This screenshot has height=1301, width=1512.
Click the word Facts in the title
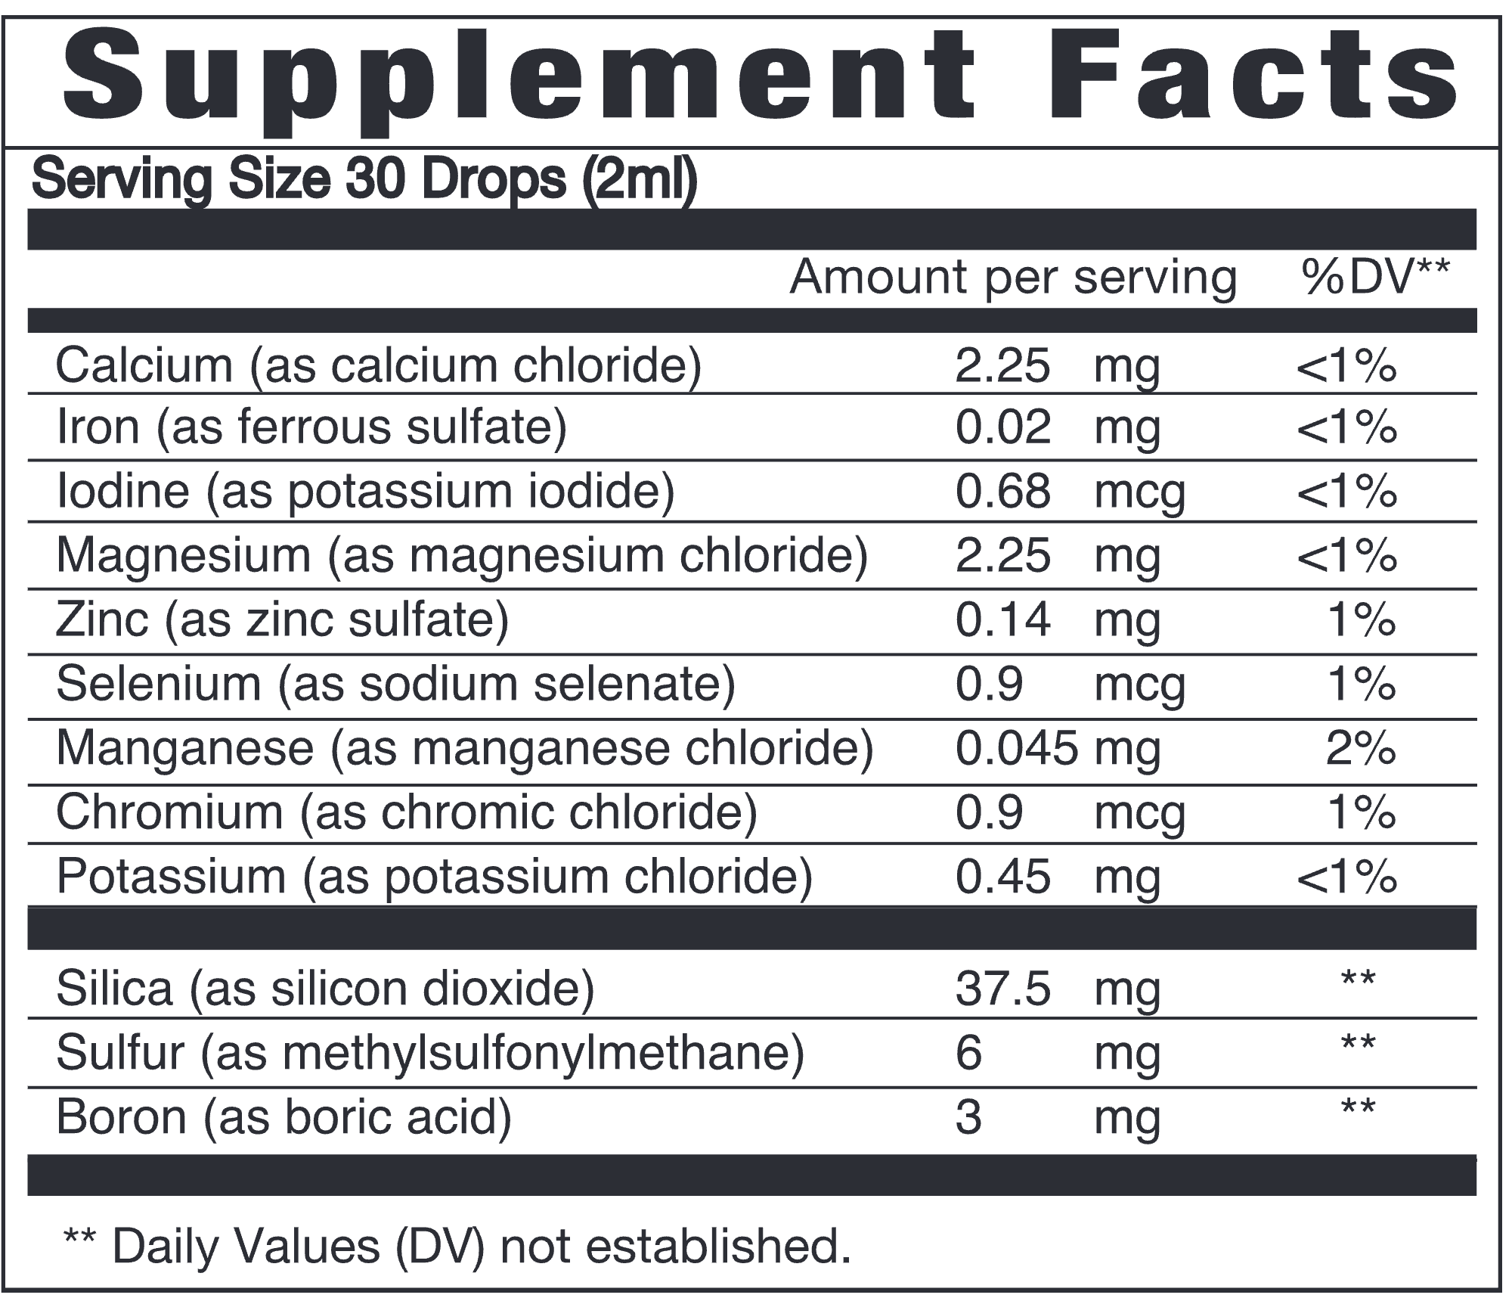coord(1261,80)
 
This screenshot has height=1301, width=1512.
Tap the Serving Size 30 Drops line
coord(364,181)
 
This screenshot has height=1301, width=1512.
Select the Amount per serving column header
coord(1013,278)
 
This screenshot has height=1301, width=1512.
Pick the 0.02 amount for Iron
coord(1002,427)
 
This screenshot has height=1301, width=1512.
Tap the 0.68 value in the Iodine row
coord(1002,492)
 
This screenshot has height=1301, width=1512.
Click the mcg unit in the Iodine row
coord(1139,493)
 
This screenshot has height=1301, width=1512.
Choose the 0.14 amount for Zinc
coord(1002,620)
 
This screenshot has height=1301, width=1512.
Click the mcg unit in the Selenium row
coord(1139,686)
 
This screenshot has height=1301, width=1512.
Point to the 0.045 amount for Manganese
coord(1016,749)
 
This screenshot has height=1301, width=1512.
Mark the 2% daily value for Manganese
coord(1361,749)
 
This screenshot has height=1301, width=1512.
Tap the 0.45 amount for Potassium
coord(1002,877)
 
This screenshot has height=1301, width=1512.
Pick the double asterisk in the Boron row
coord(1359,1109)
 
